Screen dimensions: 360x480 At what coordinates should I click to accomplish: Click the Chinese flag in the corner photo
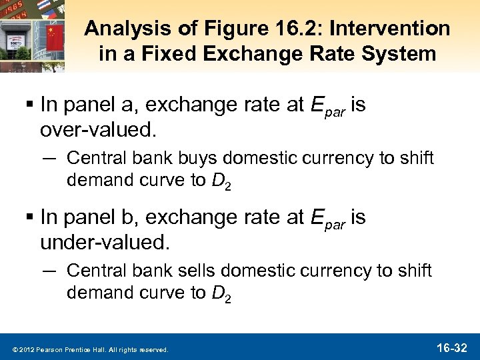coord(54,33)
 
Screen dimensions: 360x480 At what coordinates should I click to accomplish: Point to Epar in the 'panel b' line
coord(329,219)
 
